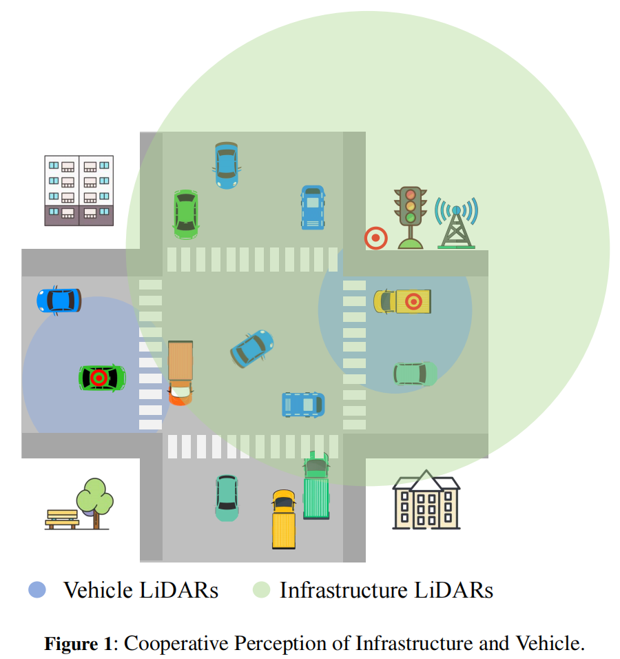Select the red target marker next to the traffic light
click(375, 239)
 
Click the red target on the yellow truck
click(413, 301)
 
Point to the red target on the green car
click(99, 378)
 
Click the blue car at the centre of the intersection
click(252, 348)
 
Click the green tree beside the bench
click(95, 500)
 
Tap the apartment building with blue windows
click(79, 190)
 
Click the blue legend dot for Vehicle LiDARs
click(37, 590)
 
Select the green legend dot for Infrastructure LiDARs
click(261, 590)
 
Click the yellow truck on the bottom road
click(284, 519)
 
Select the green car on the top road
click(185, 214)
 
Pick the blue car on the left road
click(59, 301)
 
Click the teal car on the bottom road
click(227, 498)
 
